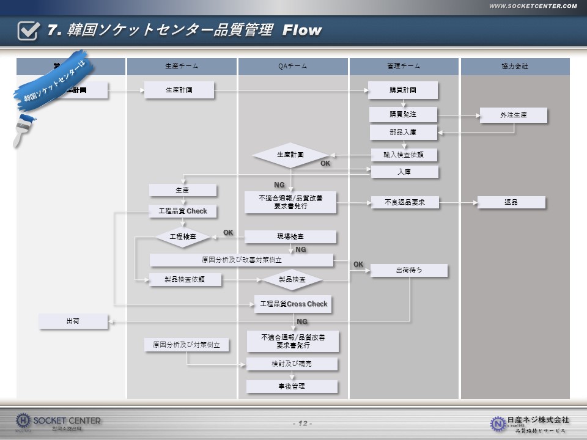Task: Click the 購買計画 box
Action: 403,90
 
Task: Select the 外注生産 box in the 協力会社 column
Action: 513,115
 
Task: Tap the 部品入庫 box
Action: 404,132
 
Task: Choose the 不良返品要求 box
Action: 405,202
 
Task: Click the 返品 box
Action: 511,202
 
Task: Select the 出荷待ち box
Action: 409,270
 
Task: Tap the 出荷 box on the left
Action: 73,321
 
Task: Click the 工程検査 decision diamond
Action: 183,237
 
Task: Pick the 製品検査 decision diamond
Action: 292,280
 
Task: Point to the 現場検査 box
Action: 290,237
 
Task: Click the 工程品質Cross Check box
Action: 293,304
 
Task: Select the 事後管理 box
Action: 292,386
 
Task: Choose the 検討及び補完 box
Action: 292,364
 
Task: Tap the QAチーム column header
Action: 293,66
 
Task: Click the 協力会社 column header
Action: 515,66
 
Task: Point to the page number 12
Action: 303,424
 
